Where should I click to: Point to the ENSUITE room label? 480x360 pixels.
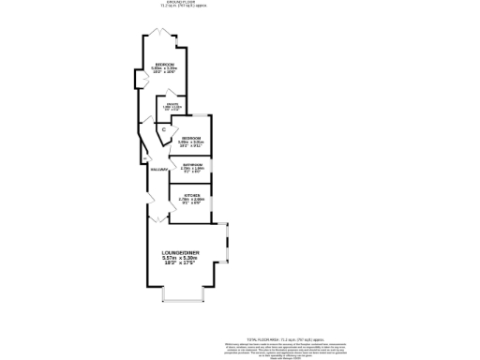point(172,105)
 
